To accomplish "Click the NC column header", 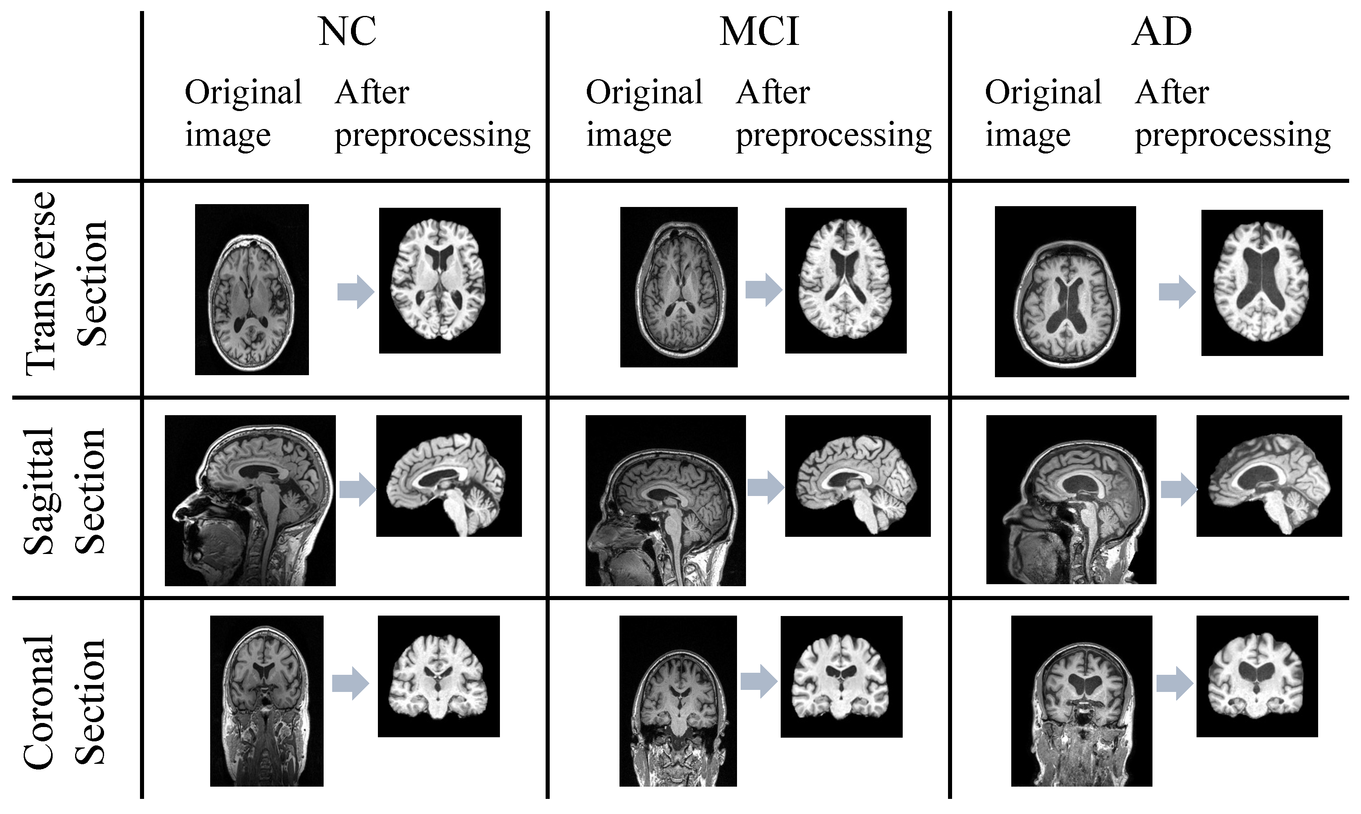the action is pyautogui.click(x=347, y=32).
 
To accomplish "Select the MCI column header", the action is pyautogui.click(x=759, y=32).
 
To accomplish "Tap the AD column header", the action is pyautogui.click(x=1161, y=32).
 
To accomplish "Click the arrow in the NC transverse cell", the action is pyautogui.click(x=355, y=292).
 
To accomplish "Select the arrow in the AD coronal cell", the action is pyautogui.click(x=1175, y=683).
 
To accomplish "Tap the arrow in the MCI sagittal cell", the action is pyautogui.click(x=766, y=487).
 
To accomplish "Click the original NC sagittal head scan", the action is pyautogui.click(x=250, y=500).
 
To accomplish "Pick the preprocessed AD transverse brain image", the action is pyautogui.click(x=1262, y=282).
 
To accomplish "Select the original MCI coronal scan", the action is pyautogui.click(x=678, y=701).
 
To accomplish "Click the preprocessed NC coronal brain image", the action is pyautogui.click(x=439, y=676).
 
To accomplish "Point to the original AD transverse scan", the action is pyautogui.click(x=1065, y=291).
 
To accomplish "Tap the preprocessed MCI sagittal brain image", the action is pyautogui.click(x=858, y=476).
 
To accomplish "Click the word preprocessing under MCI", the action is pyautogui.click(x=833, y=136).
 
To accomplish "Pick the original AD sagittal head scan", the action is pyautogui.click(x=1071, y=499).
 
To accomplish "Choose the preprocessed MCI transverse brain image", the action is pyautogui.click(x=846, y=280).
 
